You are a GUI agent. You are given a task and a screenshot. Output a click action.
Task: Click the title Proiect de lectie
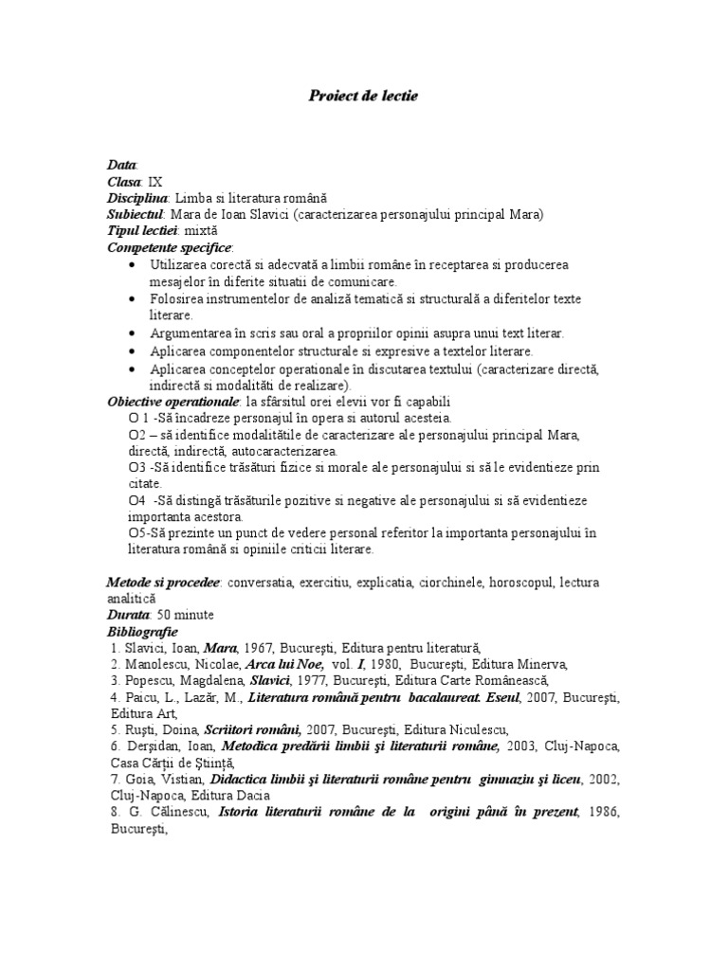pos(363,96)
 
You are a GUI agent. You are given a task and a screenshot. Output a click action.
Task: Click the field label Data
pos(122,165)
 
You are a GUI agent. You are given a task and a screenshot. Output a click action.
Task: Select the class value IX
pos(156,181)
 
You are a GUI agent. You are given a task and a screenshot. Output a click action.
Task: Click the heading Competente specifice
pos(169,246)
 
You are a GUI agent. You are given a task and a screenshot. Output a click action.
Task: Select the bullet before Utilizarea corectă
pos(132,265)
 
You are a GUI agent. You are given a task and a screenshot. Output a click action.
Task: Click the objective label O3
pos(137,468)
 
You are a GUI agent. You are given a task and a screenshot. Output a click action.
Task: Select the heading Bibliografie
pos(142,631)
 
